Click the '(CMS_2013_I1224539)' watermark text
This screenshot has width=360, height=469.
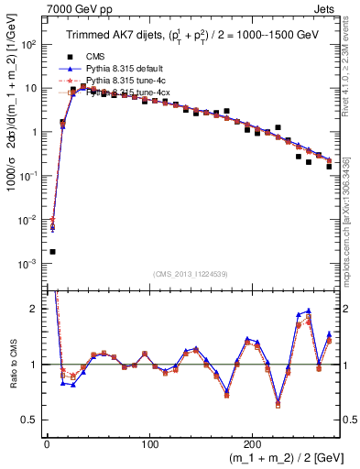pos(191,273)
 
